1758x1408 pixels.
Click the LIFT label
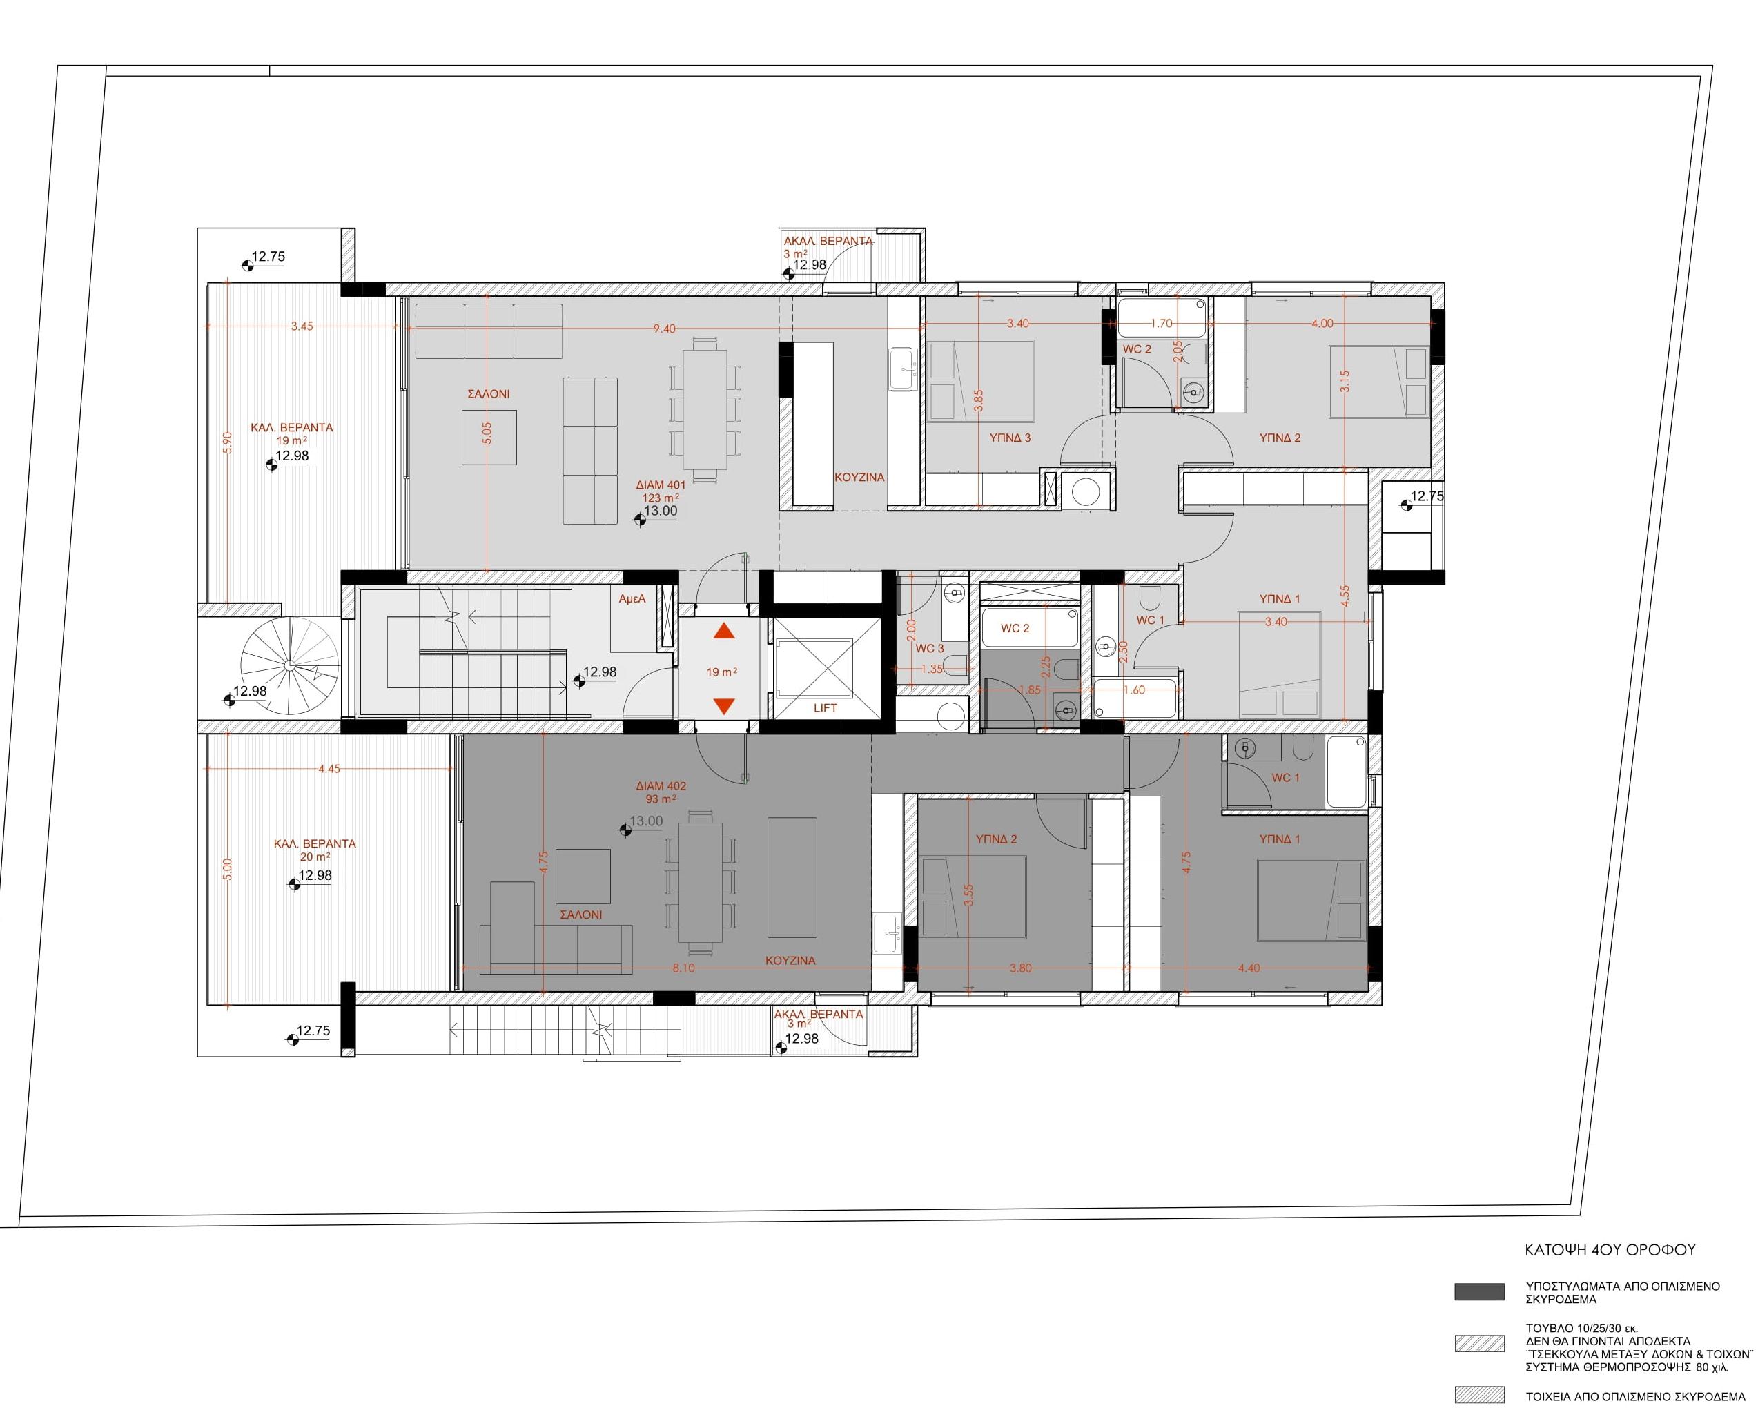point(826,708)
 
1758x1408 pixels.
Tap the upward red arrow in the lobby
point(724,631)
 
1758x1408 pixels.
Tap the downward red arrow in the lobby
point(724,706)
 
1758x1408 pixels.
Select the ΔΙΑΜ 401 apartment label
point(661,485)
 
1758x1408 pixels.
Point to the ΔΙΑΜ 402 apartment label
point(661,787)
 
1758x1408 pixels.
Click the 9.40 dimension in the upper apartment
point(665,329)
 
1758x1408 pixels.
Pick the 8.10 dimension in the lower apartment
point(684,968)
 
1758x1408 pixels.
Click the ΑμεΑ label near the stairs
point(632,599)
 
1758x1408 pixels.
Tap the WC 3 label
point(930,649)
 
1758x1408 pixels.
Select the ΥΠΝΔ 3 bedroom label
point(1010,438)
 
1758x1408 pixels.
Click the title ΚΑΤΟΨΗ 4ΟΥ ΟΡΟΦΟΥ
point(1610,1250)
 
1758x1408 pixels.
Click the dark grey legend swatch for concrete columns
point(1479,1292)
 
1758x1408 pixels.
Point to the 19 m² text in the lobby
point(721,673)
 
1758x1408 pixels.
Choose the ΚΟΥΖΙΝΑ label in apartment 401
point(859,478)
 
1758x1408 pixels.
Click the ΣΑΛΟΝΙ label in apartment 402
point(581,915)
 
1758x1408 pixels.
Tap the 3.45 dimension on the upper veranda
point(302,326)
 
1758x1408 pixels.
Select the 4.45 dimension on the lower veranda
point(329,769)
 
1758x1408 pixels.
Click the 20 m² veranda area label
point(315,857)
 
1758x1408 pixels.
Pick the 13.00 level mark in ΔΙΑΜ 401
point(661,511)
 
